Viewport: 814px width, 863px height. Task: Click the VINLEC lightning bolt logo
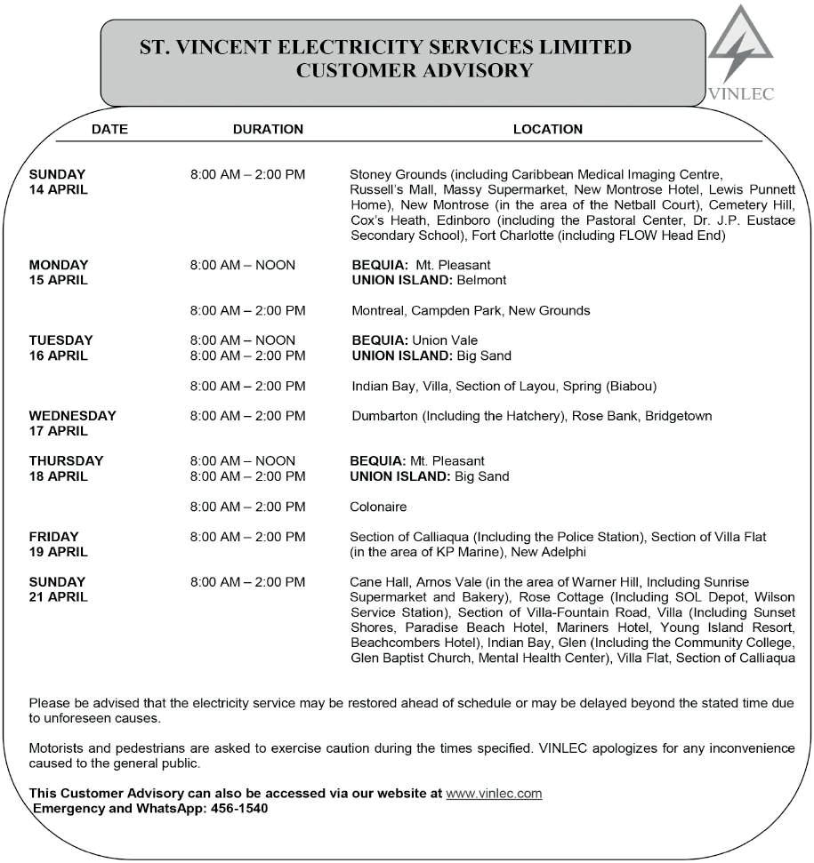pos(740,49)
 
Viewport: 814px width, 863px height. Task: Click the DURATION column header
pos(268,129)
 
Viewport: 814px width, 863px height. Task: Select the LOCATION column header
pos(547,129)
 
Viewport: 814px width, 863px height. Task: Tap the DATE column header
pos(109,129)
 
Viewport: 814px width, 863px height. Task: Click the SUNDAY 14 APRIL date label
pos(58,181)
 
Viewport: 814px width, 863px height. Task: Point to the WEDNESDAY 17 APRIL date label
pos(72,423)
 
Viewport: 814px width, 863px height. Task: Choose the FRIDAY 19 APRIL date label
pos(58,544)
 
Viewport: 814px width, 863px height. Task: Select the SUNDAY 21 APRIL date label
pos(58,589)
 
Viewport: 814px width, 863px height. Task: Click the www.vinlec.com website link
pos(494,793)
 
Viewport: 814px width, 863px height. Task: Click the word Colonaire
pos(378,507)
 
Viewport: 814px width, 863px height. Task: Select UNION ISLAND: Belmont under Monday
pos(430,280)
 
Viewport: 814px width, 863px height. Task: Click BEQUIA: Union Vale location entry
pos(415,340)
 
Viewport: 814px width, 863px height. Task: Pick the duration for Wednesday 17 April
pos(248,415)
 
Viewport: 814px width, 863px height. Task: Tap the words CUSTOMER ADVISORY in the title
pos(414,70)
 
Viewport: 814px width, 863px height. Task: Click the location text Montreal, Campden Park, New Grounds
pos(471,310)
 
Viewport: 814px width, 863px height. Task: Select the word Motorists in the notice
pos(59,747)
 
